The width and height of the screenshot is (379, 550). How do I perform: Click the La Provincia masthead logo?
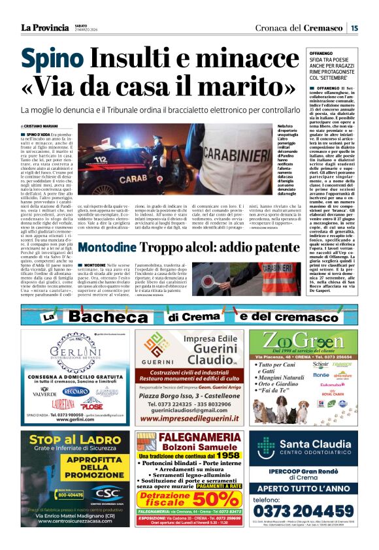[x=44, y=27]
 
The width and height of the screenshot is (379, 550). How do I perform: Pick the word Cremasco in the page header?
[x=325, y=28]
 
